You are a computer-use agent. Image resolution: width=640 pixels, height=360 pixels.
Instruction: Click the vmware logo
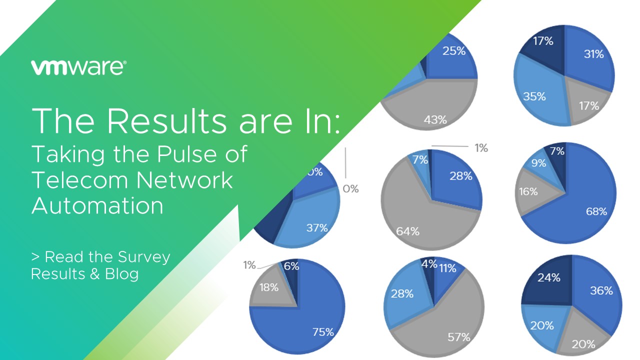point(78,67)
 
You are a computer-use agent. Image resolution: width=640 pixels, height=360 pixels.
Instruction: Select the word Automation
point(97,205)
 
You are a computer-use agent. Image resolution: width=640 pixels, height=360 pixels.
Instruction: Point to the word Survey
point(144,257)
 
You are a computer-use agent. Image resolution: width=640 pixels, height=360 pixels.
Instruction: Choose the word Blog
point(122,274)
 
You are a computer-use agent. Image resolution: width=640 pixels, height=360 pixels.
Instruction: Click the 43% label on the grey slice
point(435,120)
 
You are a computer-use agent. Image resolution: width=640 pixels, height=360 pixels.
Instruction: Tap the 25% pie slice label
point(454,51)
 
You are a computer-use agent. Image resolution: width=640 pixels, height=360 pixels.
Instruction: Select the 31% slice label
point(594,54)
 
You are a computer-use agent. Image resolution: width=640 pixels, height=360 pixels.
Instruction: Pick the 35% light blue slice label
point(534,96)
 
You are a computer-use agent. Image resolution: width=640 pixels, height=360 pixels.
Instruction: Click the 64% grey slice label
point(407,231)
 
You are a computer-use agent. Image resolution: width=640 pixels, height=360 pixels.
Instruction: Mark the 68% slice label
point(596,211)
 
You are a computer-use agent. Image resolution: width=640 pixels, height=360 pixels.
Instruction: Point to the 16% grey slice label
point(528,191)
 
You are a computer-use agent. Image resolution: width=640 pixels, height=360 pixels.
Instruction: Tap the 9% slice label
point(539,163)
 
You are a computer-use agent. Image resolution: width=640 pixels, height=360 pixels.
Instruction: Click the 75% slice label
point(323,332)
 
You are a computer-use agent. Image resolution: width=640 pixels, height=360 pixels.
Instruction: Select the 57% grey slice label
point(459,337)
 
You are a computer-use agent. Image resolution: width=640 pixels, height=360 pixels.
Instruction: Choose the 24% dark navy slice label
point(549,277)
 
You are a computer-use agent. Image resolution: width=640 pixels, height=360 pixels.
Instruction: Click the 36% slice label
point(601,291)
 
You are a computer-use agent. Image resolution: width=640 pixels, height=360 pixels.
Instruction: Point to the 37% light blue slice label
point(317,227)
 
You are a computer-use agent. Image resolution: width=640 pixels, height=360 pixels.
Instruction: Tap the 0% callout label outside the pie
point(350,189)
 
